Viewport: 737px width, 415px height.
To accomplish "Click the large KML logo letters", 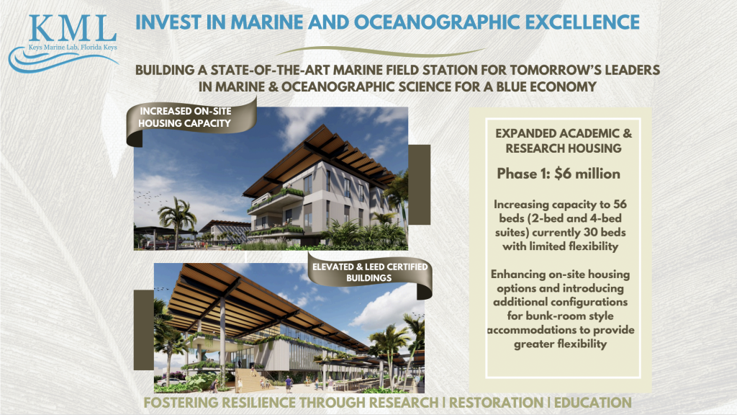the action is (72, 28).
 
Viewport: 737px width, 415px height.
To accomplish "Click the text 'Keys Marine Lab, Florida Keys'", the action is (73, 47).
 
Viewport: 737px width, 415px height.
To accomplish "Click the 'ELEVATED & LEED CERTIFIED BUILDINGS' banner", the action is (369, 272).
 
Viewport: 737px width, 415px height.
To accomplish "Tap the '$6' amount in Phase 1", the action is (563, 174).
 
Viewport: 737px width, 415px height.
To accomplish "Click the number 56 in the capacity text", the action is (620, 204).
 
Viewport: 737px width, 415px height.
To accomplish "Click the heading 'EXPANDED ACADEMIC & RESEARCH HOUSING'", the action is (564, 140).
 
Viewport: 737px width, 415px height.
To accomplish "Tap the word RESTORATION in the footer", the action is (496, 403).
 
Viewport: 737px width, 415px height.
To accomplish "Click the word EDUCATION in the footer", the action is (593, 403).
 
